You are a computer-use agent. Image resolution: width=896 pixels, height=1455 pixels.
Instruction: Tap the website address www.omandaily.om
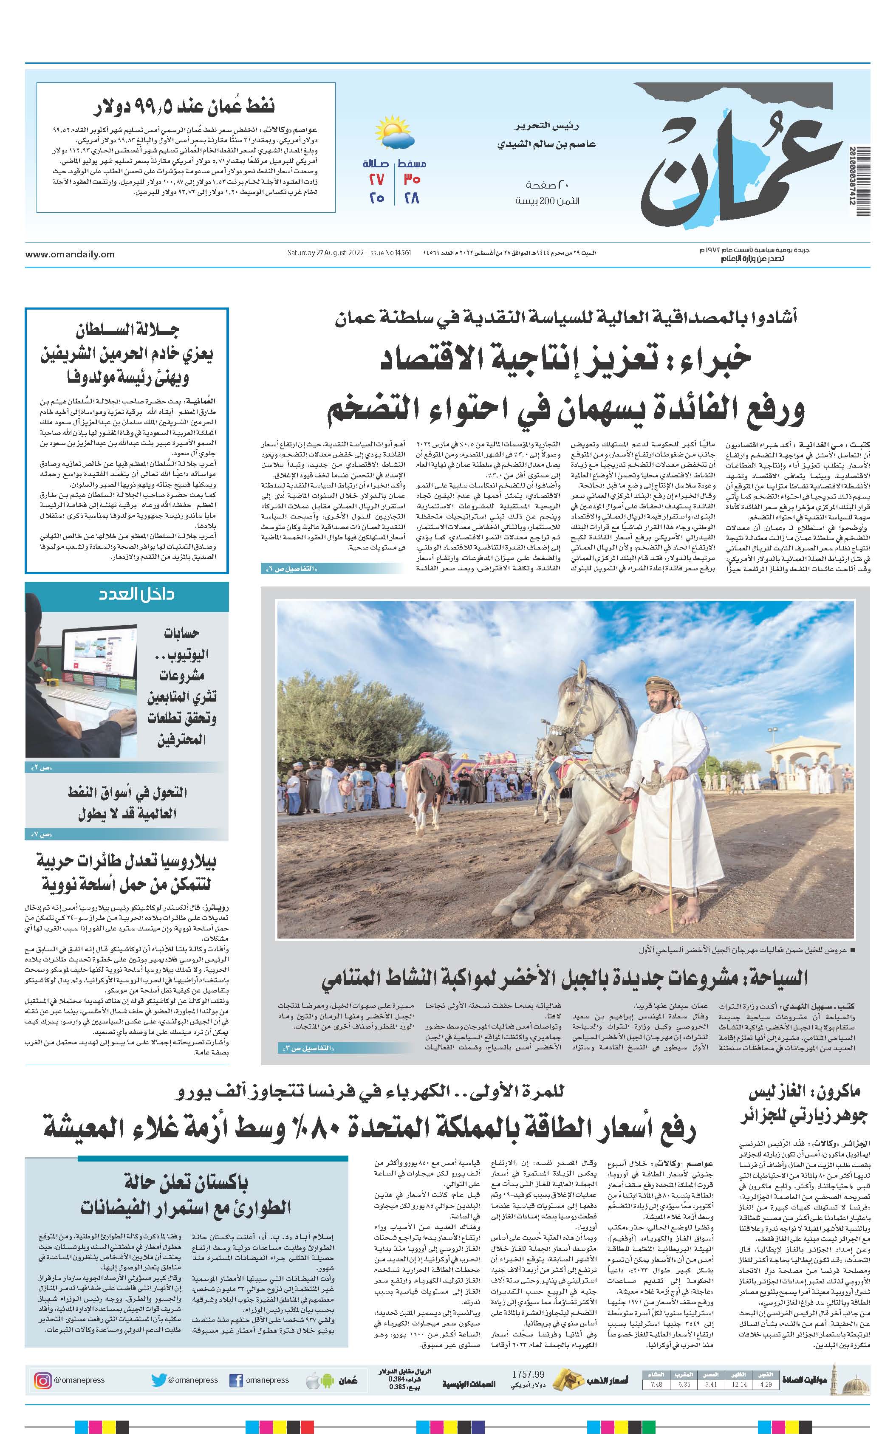tap(70, 254)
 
